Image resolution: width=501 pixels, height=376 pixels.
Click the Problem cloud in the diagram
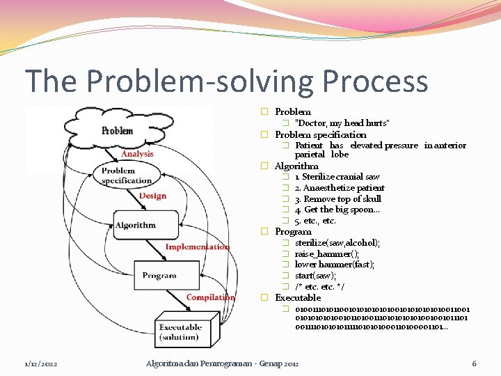click(x=118, y=131)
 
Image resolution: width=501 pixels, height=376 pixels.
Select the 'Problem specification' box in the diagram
click(x=127, y=175)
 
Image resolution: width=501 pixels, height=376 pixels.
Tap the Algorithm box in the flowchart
click(x=135, y=225)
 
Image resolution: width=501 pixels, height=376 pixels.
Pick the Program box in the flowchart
click(x=159, y=275)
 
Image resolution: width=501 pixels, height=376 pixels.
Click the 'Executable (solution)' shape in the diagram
click(x=180, y=332)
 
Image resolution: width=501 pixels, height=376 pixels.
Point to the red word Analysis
click(x=137, y=154)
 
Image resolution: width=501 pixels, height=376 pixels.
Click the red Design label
click(x=152, y=196)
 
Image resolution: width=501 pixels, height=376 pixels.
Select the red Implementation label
click(x=197, y=246)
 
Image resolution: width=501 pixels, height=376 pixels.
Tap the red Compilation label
click(x=211, y=297)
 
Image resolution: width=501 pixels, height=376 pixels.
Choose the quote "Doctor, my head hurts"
click(x=342, y=123)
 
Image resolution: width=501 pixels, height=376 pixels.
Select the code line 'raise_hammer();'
click(x=327, y=254)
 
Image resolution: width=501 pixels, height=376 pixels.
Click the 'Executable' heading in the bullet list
click(x=297, y=297)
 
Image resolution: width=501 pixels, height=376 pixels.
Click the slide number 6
click(x=474, y=363)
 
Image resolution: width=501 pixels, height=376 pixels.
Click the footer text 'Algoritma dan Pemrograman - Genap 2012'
click(x=222, y=363)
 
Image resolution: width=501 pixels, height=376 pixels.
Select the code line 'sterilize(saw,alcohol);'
click(x=337, y=243)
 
